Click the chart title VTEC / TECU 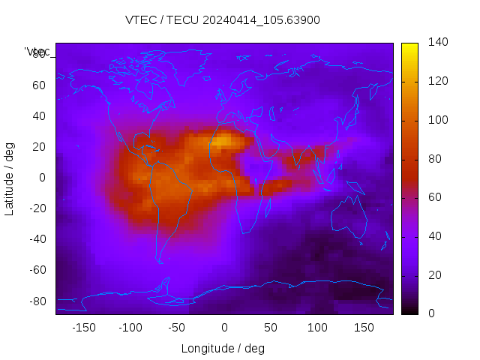(223, 20)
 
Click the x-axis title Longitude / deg (223, 349)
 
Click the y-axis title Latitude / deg (10, 178)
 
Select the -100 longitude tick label (130, 328)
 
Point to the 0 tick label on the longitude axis (223, 328)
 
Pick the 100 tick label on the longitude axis (317, 328)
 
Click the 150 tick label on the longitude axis (364, 328)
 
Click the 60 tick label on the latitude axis (39, 85)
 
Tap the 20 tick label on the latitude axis (39, 147)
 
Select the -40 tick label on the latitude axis (37, 239)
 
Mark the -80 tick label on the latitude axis (37, 301)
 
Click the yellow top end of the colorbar (409, 47)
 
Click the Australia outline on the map (349, 217)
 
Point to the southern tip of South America (160, 261)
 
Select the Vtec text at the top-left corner (37, 52)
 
